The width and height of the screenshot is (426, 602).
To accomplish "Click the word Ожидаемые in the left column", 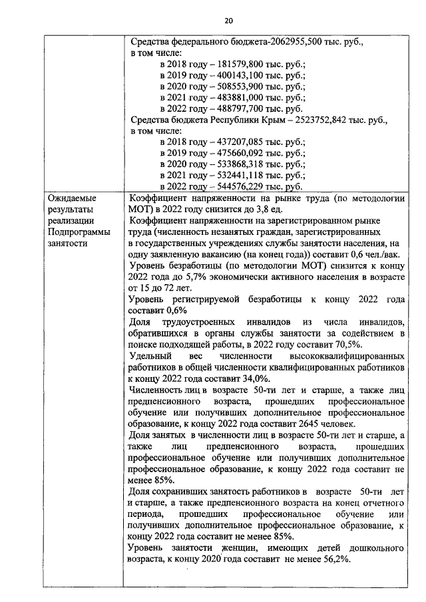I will coord(73,198).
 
